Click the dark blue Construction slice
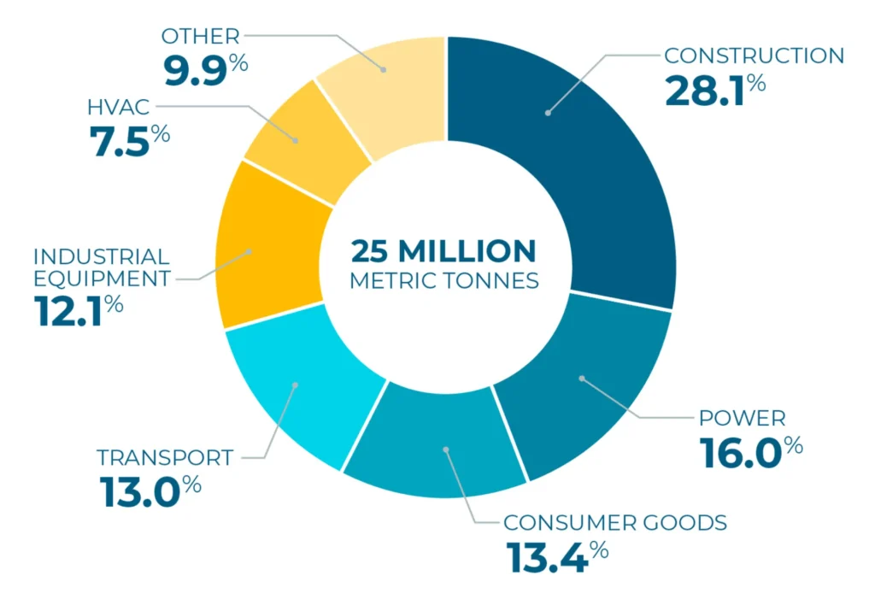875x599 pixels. [590, 171]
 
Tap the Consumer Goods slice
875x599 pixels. [436, 444]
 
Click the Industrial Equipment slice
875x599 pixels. [265, 248]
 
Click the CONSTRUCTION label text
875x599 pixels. [754, 56]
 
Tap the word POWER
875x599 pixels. [742, 419]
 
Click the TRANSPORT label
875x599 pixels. [164, 457]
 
